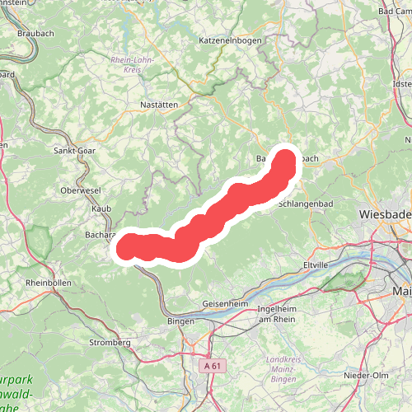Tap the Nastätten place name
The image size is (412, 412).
click(159, 105)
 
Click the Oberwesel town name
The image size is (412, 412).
click(81, 190)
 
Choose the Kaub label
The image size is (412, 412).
click(101, 209)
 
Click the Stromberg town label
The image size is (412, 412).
click(110, 342)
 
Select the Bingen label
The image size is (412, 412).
click(180, 321)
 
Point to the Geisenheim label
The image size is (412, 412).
click(225, 303)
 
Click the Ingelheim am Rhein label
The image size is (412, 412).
click(277, 314)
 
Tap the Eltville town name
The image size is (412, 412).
click(316, 265)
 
